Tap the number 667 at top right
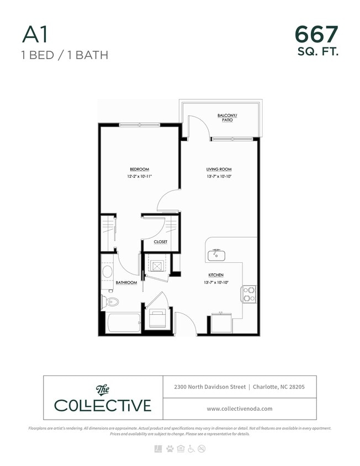click(316, 34)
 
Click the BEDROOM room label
click(139, 170)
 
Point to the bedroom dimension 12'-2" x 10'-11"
click(139, 177)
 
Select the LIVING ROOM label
click(218, 170)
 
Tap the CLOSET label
click(161, 242)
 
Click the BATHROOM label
click(126, 283)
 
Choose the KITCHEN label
click(215, 275)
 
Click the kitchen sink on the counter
click(216, 255)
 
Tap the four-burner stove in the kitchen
click(249, 293)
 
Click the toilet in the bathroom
click(110, 301)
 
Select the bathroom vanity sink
click(108, 272)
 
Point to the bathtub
click(123, 323)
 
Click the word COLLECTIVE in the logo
click(102, 405)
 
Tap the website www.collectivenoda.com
click(239, 409)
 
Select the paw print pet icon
click(169, 448)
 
